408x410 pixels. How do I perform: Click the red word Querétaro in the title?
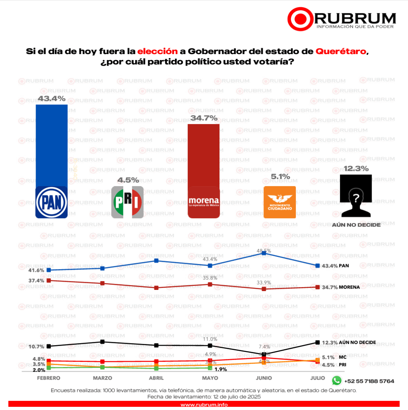pyautogui.click(x=341, y=52)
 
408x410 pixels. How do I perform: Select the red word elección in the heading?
pyautogui.click(x=157, y=52)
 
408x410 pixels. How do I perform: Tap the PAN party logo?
pyautogui.click(x=51, y=203)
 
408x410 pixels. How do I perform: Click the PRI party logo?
pyautogui.click(x=127, y=202)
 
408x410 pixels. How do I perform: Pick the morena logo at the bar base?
pyautogui.click(x=203, y=202)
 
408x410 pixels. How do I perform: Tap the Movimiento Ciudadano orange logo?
pyautogui.click(x=279, y=202)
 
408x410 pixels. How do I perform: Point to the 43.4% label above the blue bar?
pyautogui.click(x=51, y=98)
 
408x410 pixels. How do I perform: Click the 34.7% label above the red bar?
pyautogui.click(x=203, y=118)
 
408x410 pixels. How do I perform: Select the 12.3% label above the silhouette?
pyautogui.click(x=356, y=169)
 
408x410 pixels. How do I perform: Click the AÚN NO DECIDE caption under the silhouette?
pyautogui.click(x=356, y=225)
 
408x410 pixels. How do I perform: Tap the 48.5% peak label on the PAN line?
pyautogui.click(x=264, y=251)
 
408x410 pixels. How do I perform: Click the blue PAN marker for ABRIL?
pyautogui.click(x=157, y=261)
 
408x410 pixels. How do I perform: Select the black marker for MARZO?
pyautogui.click(x=103, y=342)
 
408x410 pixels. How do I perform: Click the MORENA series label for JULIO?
pyautogui.click(x=349, y=287)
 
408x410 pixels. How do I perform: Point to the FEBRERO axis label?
pyautogui.click(x=48, y=378)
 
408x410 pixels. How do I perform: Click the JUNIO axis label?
pyautogui.click(x=263, y=378)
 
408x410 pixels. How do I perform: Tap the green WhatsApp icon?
pyautogui.click(x=337, y=380)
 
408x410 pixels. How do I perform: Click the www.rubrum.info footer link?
pyautogui.click(x=204, y=405)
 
